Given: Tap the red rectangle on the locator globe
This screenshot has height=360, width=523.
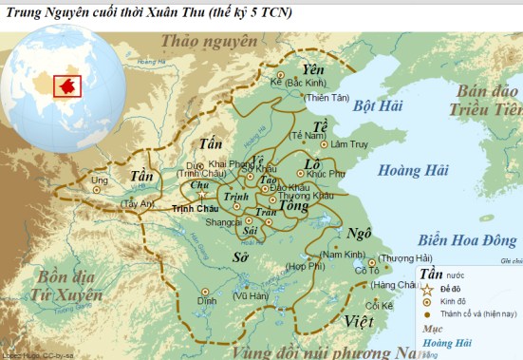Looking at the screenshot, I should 68,85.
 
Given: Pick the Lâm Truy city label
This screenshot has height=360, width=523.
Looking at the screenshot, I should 346,143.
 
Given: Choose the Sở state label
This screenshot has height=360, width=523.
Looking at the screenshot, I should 241,257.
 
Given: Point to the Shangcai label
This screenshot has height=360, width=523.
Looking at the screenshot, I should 224,221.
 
